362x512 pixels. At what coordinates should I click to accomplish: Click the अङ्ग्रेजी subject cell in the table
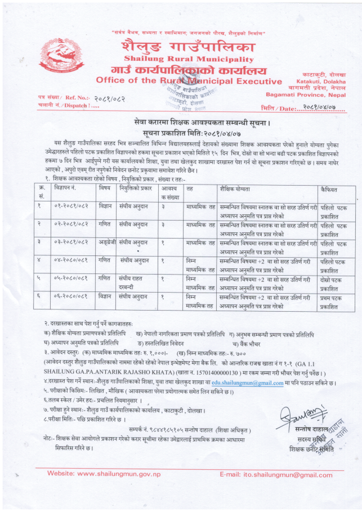105,242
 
